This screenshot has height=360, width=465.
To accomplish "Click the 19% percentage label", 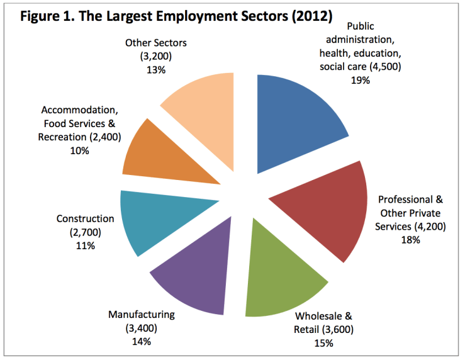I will coord(361,80).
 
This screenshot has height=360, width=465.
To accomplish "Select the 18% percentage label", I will coord(411,240).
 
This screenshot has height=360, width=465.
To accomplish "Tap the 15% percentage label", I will coord(323,343).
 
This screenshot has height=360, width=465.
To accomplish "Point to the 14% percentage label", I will coord(141,342).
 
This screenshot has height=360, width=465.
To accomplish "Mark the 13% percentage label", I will coord(155,70).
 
